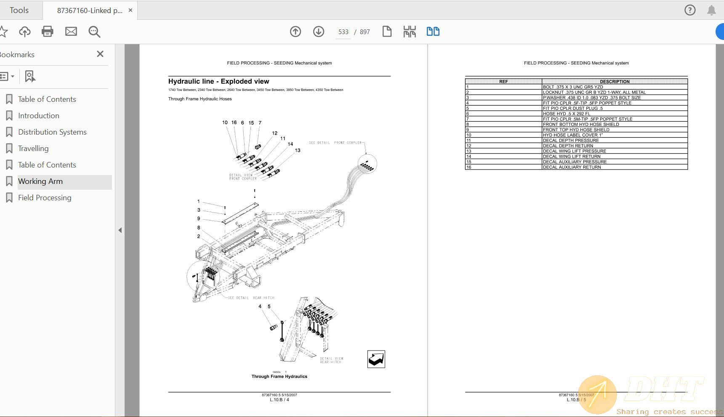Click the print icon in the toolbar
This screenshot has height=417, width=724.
[x=48, y=32]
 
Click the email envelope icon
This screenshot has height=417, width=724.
[x=71, y=32]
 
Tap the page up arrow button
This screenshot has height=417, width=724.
[x=295, y=32]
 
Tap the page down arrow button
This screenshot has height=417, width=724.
[x=319, y=32]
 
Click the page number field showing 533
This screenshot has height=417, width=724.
[x=343, y=32]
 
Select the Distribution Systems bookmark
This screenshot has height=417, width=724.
[x=52, y=132]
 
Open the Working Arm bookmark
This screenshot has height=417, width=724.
[x=40, y=181]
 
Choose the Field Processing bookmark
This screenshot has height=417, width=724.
[x=45, y=198]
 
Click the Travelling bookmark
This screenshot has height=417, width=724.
[x=33, y=149]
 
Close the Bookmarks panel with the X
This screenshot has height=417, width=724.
[x=100, y=54]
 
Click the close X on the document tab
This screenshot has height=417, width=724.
[x=130, y=10]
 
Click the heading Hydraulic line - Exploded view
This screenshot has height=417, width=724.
[x=218, y=81]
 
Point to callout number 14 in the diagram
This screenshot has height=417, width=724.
[x=290, y=144]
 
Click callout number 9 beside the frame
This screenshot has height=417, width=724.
[x=199, y=219]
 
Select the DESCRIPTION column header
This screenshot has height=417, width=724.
[x=615, y=82]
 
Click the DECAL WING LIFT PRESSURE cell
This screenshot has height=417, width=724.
[x=574, y=151]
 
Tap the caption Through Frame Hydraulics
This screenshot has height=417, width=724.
[x=279, y=377]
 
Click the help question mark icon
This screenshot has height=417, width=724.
[x=690, y=10]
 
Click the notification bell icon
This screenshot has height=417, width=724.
[x=711, y=10]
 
